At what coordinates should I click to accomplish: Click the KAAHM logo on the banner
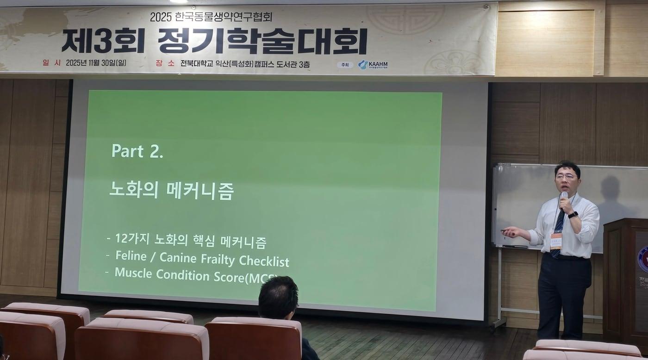point(373,65)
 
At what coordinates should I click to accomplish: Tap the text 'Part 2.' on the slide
point(137,151)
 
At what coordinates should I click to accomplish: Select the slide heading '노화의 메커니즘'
point(171,191)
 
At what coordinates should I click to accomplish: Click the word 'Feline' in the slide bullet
point(131,257)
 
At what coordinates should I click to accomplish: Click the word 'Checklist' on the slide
point(264,261)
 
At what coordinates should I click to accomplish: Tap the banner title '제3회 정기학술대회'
point(214,41)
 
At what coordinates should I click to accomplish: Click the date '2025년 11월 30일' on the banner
point(96,63)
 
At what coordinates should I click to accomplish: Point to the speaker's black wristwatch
point(573,215)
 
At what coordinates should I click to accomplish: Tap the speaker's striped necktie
point(558,229)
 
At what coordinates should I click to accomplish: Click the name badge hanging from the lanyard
point(555,241)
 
